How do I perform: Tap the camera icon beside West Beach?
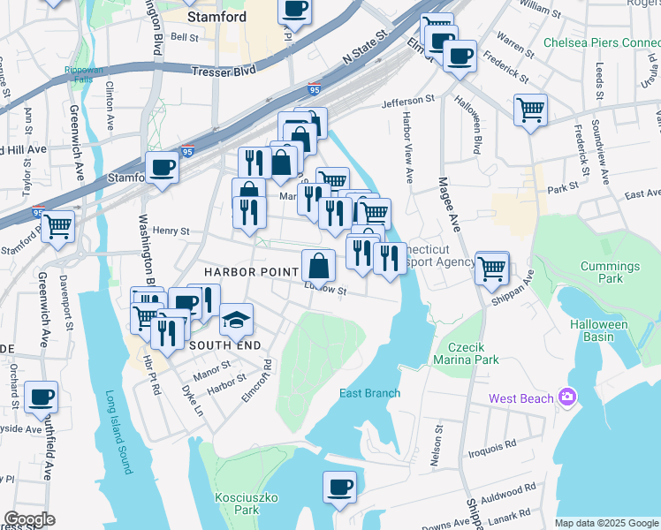566,398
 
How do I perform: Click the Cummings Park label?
610,273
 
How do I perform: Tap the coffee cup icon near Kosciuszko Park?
338,488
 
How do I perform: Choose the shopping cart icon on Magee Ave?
491,268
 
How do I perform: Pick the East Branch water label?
370,393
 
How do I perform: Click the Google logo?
28,519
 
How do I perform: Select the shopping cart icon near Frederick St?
530,110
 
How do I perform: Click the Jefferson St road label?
409,102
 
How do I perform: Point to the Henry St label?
171,231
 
